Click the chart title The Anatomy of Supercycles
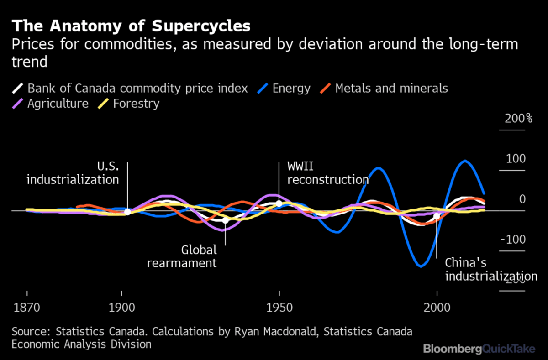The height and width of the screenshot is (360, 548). coord(131,26)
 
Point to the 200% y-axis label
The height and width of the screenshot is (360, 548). coord(518,119)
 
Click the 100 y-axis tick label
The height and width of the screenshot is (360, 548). coord(515,159)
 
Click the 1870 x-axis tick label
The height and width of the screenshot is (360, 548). coord(27,307)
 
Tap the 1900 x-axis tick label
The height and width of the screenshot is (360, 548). coord(121,307)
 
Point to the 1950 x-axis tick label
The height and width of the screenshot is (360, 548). coord(279,307)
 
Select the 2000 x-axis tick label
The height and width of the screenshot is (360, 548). coord(437,307)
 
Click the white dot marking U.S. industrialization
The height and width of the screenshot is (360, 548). coord(127,212)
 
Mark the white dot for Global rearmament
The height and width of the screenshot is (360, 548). coord(225,220)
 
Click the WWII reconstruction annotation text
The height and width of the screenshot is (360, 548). coord(327,173)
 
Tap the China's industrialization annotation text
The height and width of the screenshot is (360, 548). coord(490,270)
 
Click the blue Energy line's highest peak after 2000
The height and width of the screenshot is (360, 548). coord(464,161)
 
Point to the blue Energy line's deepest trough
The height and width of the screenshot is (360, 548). coord(421,266)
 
